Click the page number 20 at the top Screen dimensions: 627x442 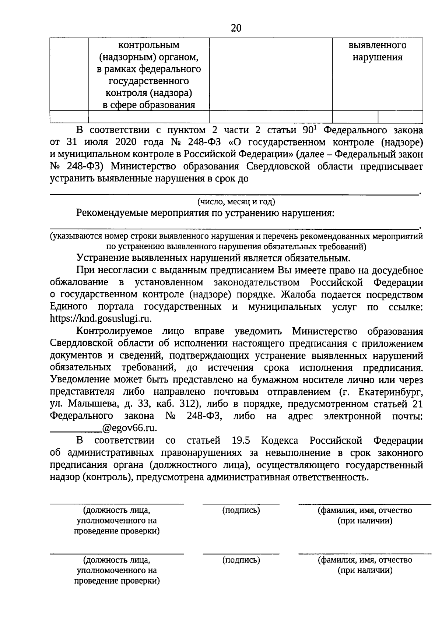point(236,28)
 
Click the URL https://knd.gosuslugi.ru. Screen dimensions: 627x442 point(101,318)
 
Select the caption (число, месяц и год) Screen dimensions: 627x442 point(236,202)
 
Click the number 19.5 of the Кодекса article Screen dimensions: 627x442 point(241,440)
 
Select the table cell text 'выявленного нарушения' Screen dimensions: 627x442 point(377,51)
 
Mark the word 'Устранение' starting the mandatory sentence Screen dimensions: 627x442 point(103,258)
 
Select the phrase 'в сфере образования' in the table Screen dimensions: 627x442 point(148,105)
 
